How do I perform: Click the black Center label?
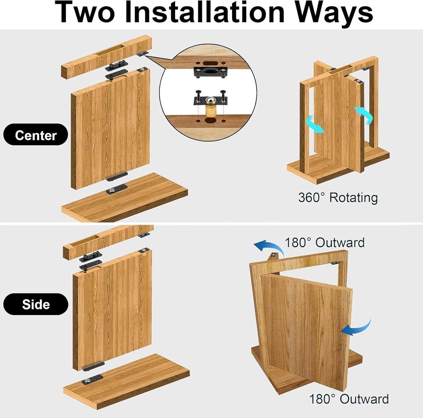click(x=36, y=135)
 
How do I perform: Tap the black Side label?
click(x=36, y=304)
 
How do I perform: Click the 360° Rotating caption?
click(x=338, y=198)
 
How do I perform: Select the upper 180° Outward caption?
click(x=325, y=242)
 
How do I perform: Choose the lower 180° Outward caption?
click(x=349, y=399)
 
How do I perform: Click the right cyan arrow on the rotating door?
click(x=364, y=115)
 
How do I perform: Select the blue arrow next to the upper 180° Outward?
click(x=268, y=247)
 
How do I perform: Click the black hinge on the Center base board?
click(x=116, y=189)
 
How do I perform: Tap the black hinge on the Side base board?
click(x=92, y=379)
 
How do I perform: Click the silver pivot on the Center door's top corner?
click(x=143, y=70)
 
